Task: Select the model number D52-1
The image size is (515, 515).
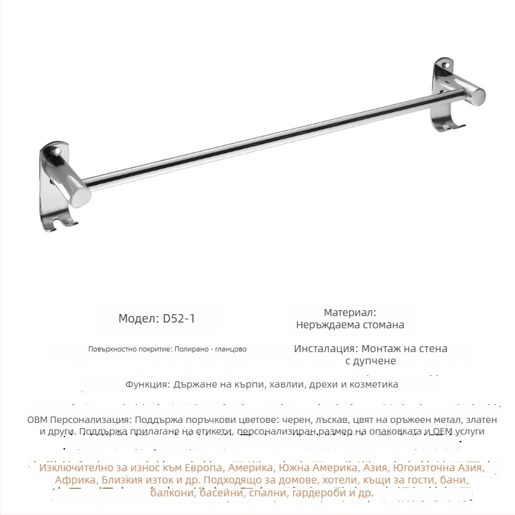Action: pyautogui.click(x=180, y=319)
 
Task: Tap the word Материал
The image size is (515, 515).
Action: pyautogui.click(x=350, y=313)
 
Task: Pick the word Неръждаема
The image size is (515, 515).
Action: pyautogui.click(x=326, y=325)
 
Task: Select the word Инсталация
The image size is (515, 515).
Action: pyautogui.click(x=324, y=348)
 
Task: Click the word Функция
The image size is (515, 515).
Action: pyautogui.click(x=147, y=384)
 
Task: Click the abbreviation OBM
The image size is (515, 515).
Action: pyautogui.click(x=37, y=418)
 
